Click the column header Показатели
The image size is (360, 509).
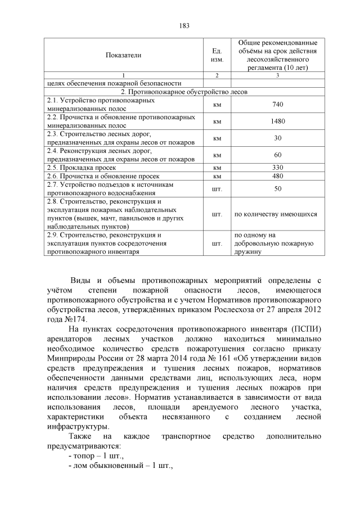tap(123, 55)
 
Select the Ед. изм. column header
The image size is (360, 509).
tap(216, 55)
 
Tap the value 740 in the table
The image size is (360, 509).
tap(277, 105)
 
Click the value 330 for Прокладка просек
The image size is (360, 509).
tap(277, 168)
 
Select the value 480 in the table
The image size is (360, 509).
tap(277, 176)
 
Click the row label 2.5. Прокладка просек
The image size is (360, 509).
tap(82, 168)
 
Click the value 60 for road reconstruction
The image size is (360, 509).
tap(277, 155)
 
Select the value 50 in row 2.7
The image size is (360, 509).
tap(277, 188)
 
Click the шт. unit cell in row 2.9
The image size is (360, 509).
tap(216, 244)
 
